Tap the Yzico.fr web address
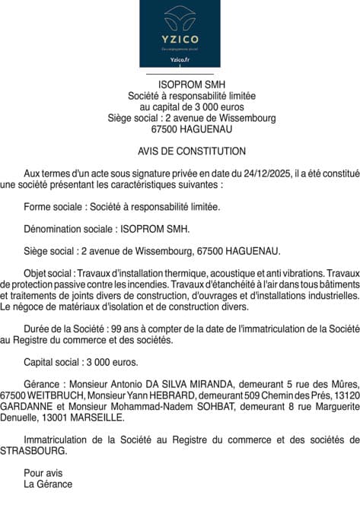pos(180,59)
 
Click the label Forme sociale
pos(54,206)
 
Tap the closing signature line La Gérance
pos(48,484)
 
